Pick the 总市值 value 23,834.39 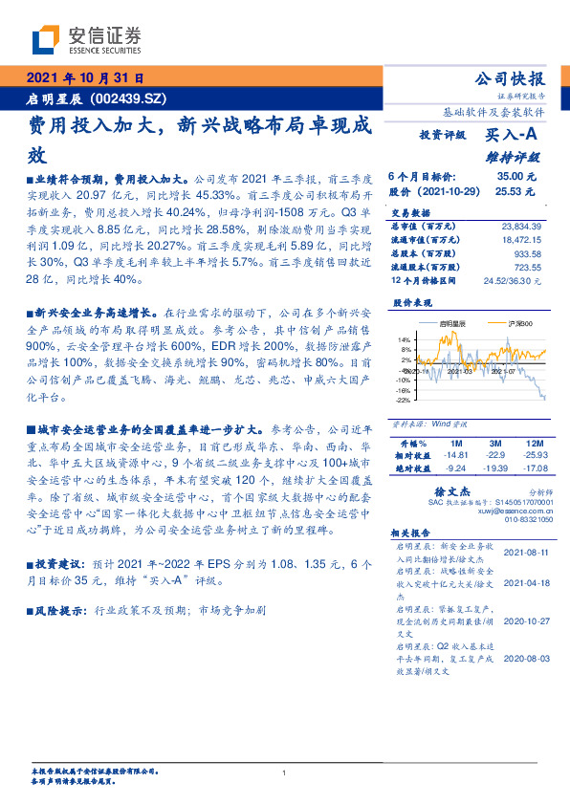(x=520, y=226)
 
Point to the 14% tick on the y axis (x=404, y=339)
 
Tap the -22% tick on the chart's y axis (x=403, y=402)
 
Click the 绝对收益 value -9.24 (x=455, y=468)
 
